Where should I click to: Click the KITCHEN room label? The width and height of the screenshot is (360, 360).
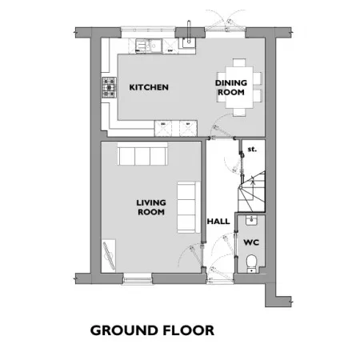149,87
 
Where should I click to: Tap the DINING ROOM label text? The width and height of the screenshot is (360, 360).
231,87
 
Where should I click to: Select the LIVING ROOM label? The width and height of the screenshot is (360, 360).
151,207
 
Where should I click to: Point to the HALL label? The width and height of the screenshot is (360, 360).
218,222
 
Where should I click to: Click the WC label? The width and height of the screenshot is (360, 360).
251,242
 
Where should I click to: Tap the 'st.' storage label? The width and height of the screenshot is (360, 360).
252,150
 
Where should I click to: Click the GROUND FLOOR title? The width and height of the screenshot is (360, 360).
152,330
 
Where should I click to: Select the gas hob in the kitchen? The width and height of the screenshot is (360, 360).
110,87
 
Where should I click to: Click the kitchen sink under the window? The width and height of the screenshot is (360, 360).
149,46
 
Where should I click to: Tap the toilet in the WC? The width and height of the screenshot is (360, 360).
251,264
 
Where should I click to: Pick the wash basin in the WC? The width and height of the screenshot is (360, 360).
251,220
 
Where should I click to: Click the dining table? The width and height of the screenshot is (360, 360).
239,87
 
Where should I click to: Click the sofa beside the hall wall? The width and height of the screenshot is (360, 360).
189,207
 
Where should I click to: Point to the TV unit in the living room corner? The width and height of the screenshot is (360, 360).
109,256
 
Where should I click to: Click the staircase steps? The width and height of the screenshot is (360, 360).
252,192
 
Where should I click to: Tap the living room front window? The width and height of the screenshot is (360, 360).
138,279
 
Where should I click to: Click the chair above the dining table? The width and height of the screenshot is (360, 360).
239,62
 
